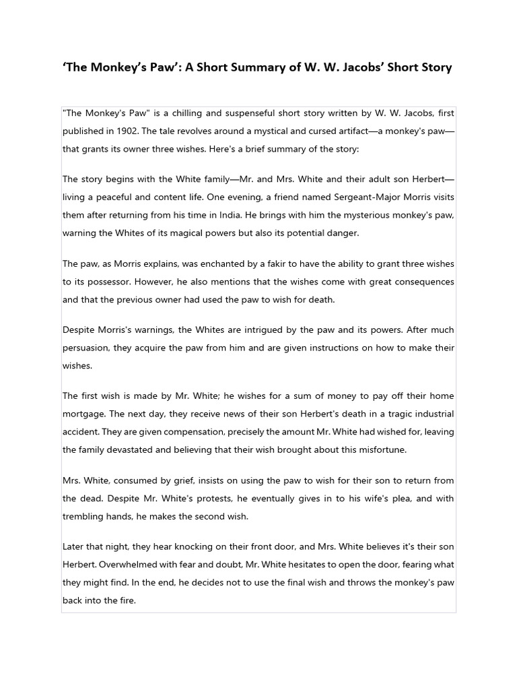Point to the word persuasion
85,347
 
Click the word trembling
83,516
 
